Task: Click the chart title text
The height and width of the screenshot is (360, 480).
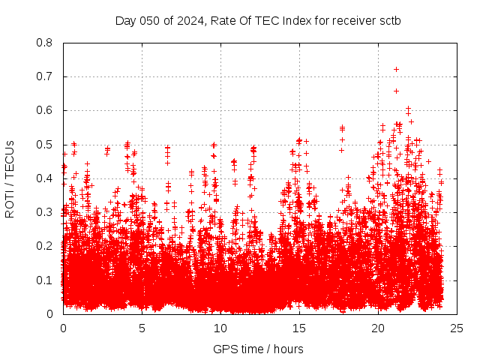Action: (x=257, y=20)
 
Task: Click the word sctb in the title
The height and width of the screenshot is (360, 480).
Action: (x=388, y=20)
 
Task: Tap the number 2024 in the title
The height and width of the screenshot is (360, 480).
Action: (x=189, y=20)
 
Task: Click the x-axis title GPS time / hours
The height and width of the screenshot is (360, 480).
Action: (x=258, y=349)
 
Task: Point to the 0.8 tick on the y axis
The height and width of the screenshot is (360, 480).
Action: (x=45, y=43)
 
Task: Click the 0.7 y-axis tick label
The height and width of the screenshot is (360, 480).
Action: (x=45, y=76)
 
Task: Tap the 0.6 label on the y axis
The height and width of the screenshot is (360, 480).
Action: (x=45, y=110)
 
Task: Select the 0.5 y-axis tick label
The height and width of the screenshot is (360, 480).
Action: (x=45, y=145)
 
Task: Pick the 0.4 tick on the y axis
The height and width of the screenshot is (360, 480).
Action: (x=45, y=178)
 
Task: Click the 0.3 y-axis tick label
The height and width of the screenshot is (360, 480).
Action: (x=45, y=212)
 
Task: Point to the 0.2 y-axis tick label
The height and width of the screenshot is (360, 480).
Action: (x=45, y=246)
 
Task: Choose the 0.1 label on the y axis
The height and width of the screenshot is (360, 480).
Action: (x=45, y=280)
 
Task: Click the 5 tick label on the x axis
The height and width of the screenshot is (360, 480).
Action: (x=142, y=328)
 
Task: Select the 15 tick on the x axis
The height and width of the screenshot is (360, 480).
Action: (x=299, y=328)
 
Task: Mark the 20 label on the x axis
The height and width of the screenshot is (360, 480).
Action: (x=378, y=328)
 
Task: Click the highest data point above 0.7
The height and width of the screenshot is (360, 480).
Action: (x=396, y=69)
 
